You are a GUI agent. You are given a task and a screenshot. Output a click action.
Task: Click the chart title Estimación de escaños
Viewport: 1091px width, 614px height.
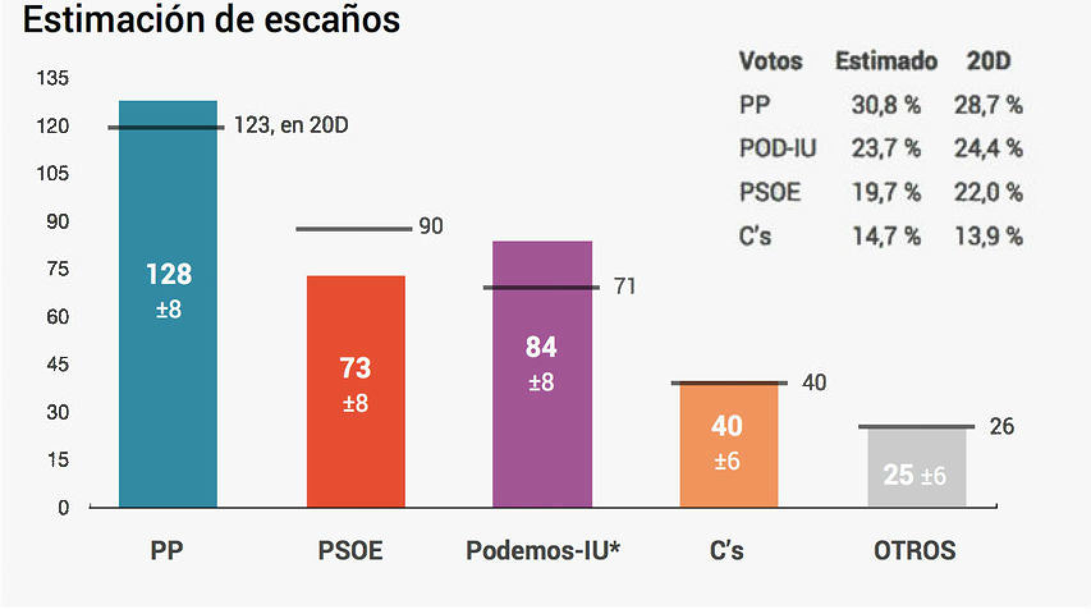(x=211, y=19)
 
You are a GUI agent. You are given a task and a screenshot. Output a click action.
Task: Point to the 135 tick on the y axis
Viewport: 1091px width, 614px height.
(x=52, y=78)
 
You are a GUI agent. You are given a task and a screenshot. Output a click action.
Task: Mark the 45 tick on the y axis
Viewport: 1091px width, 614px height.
(x=57, y=365)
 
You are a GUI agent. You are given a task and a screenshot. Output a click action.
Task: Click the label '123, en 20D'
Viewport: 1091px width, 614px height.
(x=291, y=125)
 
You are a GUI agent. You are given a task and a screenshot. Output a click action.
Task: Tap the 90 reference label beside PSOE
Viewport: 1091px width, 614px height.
(x=430, y=226)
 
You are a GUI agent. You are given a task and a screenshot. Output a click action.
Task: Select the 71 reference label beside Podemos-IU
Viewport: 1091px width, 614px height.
(x=625, y=287)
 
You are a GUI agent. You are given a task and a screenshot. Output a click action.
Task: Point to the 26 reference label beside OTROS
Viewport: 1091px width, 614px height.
(x=1001, y=426)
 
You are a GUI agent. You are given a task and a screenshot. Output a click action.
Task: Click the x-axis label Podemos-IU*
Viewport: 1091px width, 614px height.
(x=543, y=550)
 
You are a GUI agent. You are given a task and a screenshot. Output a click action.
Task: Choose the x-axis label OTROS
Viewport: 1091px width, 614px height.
(x=914, y=550)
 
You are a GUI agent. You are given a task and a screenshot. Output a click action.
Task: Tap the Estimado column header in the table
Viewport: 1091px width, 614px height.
(x=886, y=61)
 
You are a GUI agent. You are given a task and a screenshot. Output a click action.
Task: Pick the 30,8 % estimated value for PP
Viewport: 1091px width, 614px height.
(x=886, y=105)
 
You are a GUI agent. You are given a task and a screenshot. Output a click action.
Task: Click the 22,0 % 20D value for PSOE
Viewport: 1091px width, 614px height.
(x=988, y=192)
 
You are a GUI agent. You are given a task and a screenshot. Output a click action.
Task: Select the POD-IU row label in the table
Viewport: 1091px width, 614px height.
(x=778, y=148)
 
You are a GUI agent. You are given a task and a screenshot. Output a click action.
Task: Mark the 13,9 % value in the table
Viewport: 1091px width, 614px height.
(x=988, y=236)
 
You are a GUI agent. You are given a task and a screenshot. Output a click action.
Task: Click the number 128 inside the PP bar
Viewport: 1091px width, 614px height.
(x=169, y=274)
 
